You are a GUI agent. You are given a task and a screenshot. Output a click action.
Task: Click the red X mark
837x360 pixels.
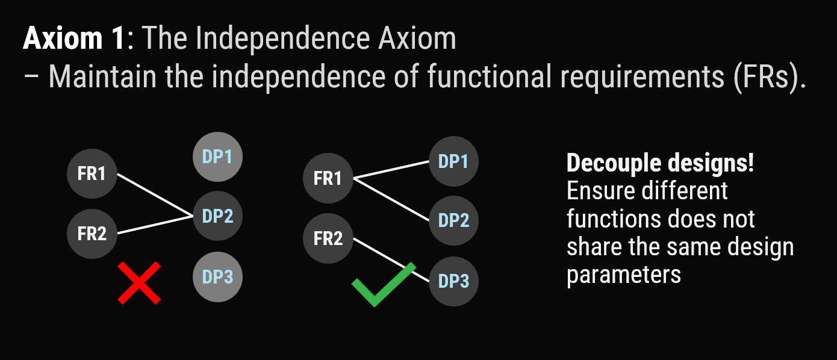coord(139,283)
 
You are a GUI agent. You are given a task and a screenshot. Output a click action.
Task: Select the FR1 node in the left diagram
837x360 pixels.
coord(92,173)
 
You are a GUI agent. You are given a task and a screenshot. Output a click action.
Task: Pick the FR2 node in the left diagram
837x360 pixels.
coord(92,234)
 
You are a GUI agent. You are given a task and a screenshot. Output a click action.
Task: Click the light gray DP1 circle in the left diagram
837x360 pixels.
coord(217,157)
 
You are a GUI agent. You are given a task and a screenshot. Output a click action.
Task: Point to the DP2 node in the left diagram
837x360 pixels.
coord(217,216)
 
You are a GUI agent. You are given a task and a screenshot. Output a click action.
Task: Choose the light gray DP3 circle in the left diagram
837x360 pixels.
coord(217,277)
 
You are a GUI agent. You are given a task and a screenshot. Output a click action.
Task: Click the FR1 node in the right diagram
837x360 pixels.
coord(328,178)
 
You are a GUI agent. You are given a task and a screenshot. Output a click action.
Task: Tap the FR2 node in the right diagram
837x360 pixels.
coord(328,238)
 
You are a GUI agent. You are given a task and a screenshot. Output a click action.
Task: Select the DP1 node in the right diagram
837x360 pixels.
coord(453,161)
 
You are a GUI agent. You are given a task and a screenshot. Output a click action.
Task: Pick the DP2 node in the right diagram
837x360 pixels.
coord(453,220)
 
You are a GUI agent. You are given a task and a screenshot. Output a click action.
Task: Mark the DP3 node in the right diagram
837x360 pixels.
coord(453,281)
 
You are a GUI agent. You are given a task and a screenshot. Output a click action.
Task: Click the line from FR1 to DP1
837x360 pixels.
coord(391,170)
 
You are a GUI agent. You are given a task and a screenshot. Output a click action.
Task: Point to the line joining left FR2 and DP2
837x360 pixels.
coord(155,225)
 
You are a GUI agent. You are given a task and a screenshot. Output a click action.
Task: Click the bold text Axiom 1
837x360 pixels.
coord(73,38)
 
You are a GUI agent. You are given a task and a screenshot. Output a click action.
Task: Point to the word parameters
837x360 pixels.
coord(624,276)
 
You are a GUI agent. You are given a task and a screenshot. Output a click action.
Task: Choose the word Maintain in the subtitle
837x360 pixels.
coord(102,76)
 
